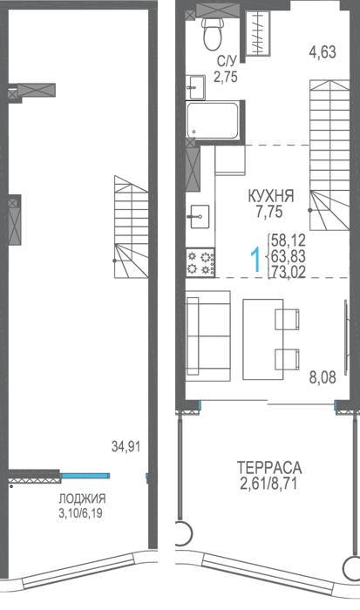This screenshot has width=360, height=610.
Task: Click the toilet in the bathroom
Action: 212,33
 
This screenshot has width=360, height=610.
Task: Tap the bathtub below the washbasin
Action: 212,120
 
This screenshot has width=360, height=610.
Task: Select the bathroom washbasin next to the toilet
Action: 195,87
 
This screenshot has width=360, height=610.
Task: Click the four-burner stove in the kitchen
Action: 200,262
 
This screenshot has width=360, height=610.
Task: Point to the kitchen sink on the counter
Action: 200,217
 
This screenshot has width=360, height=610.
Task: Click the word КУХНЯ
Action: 271,196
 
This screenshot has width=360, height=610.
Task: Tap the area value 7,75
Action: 268,212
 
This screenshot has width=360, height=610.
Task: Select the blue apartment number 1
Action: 255,261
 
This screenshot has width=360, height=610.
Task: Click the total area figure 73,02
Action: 289,272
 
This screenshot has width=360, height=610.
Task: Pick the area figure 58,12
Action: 289,241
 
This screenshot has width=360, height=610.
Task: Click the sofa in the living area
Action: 208,335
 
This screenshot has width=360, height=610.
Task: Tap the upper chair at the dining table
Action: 288,319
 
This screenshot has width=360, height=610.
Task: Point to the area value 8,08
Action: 323,377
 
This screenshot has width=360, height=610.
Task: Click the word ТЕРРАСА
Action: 269,467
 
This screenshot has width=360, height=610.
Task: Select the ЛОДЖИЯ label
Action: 83,498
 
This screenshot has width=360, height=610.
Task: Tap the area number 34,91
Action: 126,446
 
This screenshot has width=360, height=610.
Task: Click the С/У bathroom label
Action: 227,61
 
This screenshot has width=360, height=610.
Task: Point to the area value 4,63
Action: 323,51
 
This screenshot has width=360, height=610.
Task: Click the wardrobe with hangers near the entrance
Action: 258,33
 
